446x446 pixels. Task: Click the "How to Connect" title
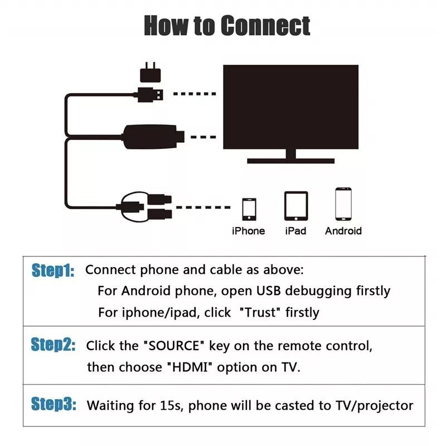click(227, 26)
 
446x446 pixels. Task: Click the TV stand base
click(290, 160)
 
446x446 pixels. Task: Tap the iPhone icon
click(249, 209)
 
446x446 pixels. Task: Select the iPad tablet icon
click(295, 206)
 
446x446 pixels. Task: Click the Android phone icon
click(343, 204)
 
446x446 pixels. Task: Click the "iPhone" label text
click(249, 231)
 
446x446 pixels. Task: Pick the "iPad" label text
click(295, 231)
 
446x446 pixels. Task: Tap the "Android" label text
click(343, 231)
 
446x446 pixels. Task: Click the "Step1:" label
click(53, 271)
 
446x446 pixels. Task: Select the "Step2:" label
click(53, 345)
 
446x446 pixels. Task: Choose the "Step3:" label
click(53, 404)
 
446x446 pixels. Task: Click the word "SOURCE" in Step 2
click(176, 346)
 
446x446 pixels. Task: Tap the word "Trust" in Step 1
click(259, 313)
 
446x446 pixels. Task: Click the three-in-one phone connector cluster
click(145, 205)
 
